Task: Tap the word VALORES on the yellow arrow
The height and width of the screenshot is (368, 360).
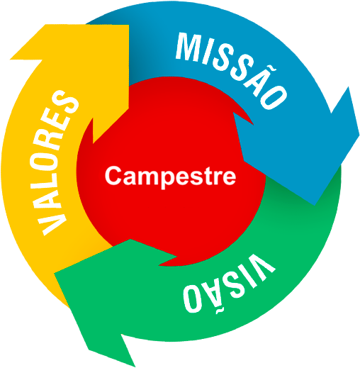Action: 55,163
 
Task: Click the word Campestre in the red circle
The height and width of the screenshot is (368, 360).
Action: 170,177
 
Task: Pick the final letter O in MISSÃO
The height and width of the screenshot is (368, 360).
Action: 274,97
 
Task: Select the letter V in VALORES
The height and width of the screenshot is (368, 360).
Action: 52,223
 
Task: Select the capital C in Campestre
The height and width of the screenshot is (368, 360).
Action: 113,175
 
